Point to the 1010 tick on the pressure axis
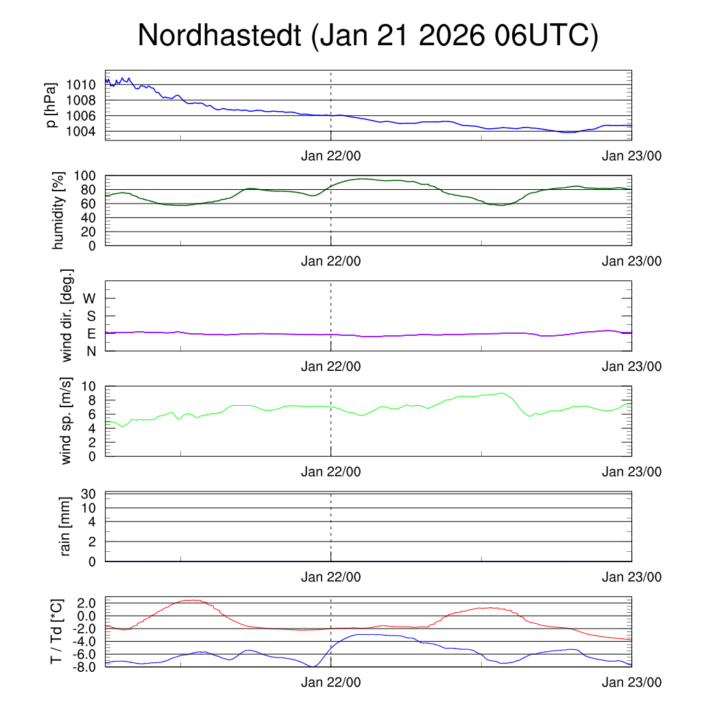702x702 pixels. click(82, 85)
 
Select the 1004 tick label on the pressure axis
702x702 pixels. click(82, 132)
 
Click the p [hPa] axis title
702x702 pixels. click(51, 105)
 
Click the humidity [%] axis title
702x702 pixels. click(59, 210)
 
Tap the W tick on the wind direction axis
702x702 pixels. click(89, 298)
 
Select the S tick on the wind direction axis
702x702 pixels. click(90, 316)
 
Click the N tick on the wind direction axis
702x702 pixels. click(90, 351)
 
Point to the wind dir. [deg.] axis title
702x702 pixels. click(67, 315)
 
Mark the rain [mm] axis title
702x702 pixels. click(66, 526)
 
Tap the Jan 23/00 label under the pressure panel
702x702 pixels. click(631, 156)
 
